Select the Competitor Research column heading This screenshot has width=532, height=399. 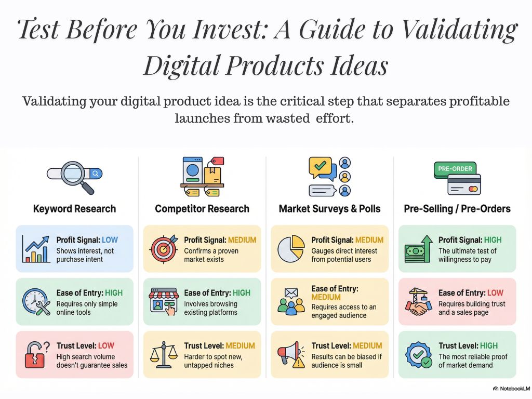(202, 209)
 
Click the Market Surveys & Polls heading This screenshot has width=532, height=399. (329, 209)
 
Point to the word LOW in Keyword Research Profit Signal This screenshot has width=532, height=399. (110, 240)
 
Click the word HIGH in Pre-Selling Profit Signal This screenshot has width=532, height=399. (493, 240)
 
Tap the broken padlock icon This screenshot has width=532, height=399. (36, 354)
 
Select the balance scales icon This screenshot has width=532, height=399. (164, 354)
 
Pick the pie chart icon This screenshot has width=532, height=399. (291, 249)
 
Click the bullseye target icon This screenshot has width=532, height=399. (164, 249)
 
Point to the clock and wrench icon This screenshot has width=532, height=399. (36, 302)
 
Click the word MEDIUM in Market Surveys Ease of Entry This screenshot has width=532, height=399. (326, 297)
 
